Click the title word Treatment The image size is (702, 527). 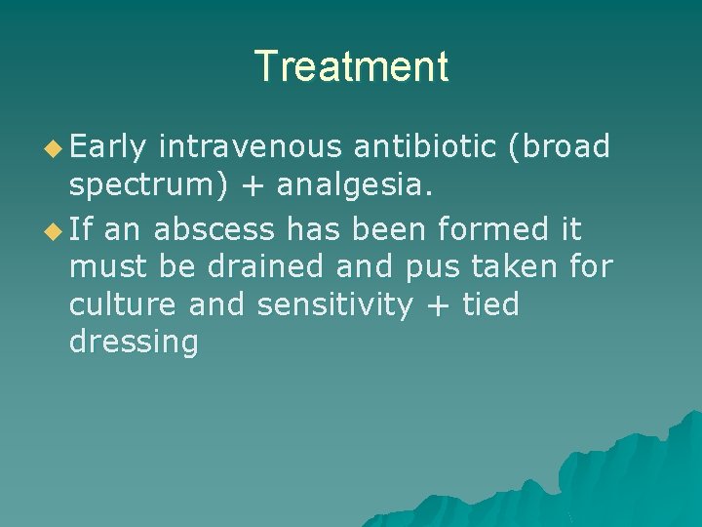pos(351,66)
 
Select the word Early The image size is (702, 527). pos(108,146)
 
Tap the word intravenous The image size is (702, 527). pos(250,146)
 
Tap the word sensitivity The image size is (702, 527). pos(334,305)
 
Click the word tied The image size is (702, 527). pos(490,304)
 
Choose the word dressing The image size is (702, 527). pos(134,343)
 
